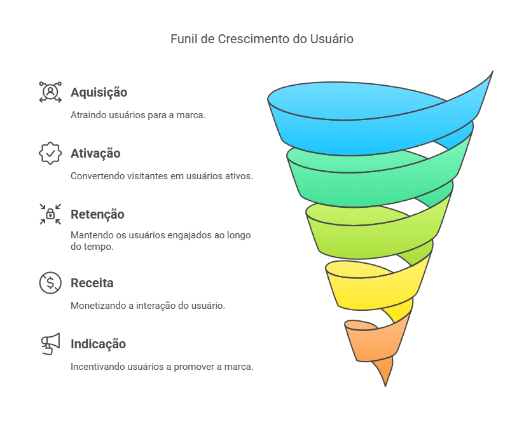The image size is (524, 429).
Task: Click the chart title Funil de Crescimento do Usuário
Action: [261, 39]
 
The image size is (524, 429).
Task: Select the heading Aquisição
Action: [99, 93]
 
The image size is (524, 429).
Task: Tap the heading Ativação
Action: [95, 153]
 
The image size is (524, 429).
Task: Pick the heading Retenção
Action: [97, 215]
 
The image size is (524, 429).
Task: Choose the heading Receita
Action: [92, 283]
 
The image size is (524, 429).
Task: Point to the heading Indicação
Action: [98, 344]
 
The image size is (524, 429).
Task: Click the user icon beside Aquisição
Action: [50, 92]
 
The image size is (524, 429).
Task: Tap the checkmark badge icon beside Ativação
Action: [50, 153]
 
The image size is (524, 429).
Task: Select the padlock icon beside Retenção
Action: [50, 214]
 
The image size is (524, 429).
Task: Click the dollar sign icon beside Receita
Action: [50, 283]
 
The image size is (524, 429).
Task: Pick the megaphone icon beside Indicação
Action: [50, 343]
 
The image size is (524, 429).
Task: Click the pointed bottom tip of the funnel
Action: [385, 386]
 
